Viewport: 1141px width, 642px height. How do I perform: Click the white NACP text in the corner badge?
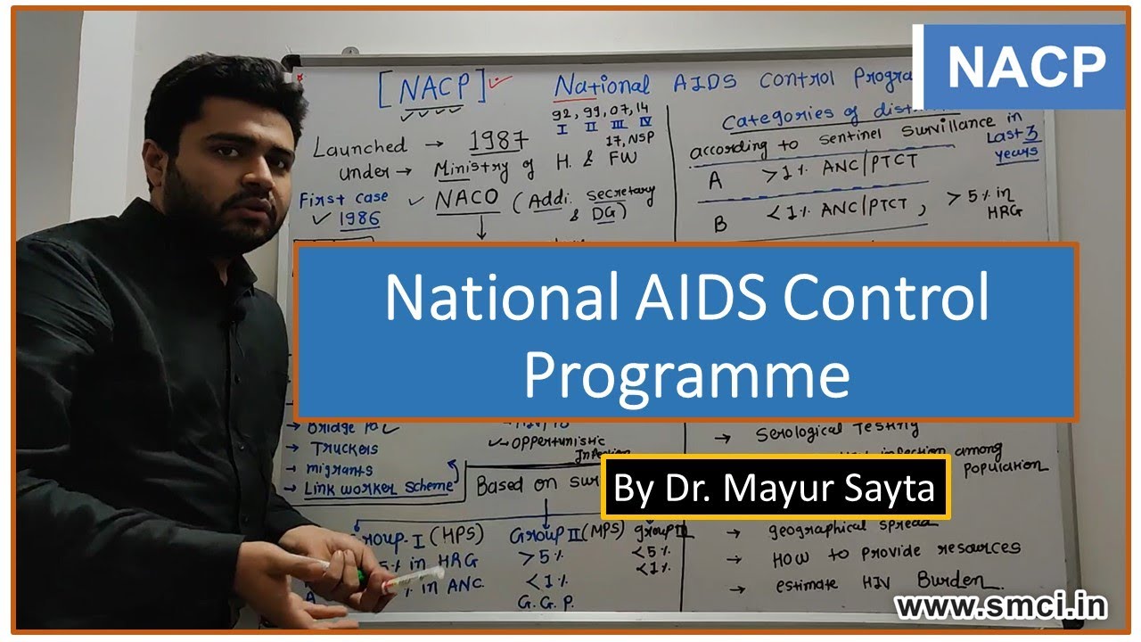(x=1025, y=67)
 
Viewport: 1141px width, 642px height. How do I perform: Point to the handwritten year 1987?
(x=488, y=140)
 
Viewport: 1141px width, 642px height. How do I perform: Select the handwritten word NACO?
(x=466, y=200)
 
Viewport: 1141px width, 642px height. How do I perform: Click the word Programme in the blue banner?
(x=685, y=374)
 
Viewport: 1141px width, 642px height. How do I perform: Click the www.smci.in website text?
(x=1001, y=606)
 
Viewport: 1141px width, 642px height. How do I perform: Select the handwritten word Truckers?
(x=343, y=449)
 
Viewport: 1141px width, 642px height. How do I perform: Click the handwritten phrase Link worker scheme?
(x=378, y=488)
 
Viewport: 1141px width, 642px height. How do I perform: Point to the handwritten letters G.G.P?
(x=545, y=603)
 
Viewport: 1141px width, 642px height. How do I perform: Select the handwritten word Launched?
(x=359, y=147)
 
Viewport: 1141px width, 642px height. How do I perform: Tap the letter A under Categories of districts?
(x=715, y=181)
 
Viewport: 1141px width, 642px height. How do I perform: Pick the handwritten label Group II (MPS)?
(x=554, y=535)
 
